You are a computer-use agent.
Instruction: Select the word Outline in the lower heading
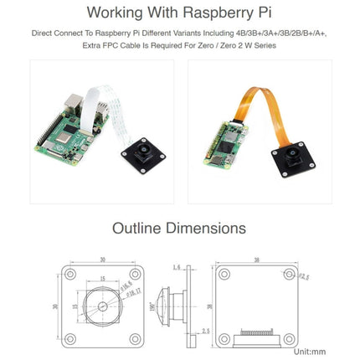141,227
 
